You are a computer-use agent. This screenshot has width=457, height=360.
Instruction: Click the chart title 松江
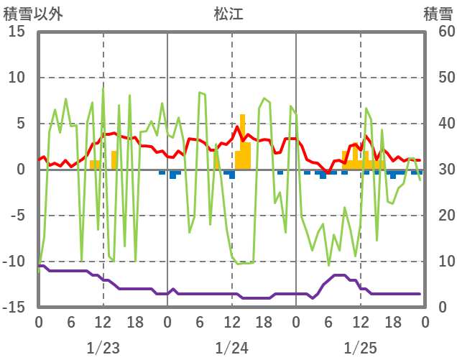(x=229, y=14)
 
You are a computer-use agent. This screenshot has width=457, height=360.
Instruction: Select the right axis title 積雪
(x=437, y=14)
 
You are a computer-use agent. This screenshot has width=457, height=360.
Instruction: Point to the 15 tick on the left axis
(x=17, y=32)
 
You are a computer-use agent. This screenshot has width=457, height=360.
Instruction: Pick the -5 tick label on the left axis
(x=17, y=216)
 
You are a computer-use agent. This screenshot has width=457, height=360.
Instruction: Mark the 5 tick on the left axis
(x=21, y=124)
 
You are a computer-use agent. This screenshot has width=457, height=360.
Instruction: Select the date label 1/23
(x=103, y=349)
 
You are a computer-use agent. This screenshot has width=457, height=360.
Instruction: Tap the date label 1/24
(x=231, y=349)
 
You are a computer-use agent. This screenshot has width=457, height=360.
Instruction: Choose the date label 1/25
(x=360, y=349)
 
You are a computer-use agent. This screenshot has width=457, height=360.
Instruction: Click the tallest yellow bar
(x=242, y=142)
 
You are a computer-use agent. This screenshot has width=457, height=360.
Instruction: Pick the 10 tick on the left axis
(x=17, y=78)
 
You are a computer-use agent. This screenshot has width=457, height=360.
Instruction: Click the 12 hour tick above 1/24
(x=231, y=323)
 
